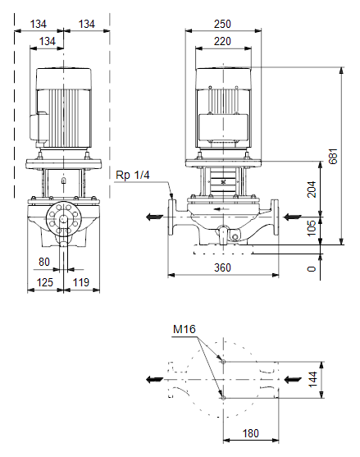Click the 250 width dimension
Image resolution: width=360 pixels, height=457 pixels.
(222, 24)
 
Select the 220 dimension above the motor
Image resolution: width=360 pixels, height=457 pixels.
(222, 41)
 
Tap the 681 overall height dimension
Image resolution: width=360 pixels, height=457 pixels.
(334, 156)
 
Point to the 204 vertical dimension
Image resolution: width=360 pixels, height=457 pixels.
(312, 190)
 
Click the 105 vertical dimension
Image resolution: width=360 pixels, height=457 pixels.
(312, 228)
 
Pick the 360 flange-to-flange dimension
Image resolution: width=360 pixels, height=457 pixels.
(222, 267)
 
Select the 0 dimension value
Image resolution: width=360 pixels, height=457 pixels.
(312, 268)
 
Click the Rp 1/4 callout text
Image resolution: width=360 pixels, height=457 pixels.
(133, 175)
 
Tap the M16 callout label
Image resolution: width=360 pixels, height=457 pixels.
(184, 329)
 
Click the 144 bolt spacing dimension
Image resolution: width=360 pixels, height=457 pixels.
(312, 379)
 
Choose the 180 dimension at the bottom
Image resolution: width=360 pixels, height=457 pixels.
(250, 433)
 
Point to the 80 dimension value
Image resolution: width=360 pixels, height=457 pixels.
(44, 262)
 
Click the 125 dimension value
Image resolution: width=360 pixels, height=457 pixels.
(45, 282)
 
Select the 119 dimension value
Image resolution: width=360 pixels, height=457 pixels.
(80, 282)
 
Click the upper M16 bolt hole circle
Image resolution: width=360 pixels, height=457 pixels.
(223, 361)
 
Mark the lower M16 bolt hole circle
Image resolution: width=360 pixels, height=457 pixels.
(223, 398)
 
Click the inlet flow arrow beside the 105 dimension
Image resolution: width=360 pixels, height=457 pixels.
(292, 217)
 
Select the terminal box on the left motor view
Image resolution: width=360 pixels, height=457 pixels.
(39, 128)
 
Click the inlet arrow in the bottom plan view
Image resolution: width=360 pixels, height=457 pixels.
(293, 380)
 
